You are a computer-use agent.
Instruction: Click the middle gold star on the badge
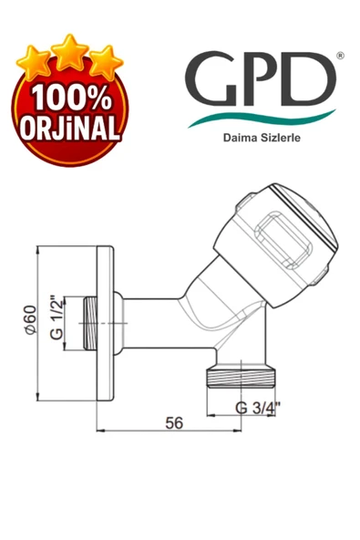[70, 52]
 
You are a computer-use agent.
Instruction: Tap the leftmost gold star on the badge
[34, 63]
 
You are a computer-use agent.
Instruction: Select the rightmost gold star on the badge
[106, 63]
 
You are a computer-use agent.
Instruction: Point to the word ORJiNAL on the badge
[70, 127]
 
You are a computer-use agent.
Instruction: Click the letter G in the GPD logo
[211, 78]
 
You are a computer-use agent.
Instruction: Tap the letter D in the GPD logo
[307, 78]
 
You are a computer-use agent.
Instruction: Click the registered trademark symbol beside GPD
[340, 56]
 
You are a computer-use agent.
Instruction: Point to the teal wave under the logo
[262, 119]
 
